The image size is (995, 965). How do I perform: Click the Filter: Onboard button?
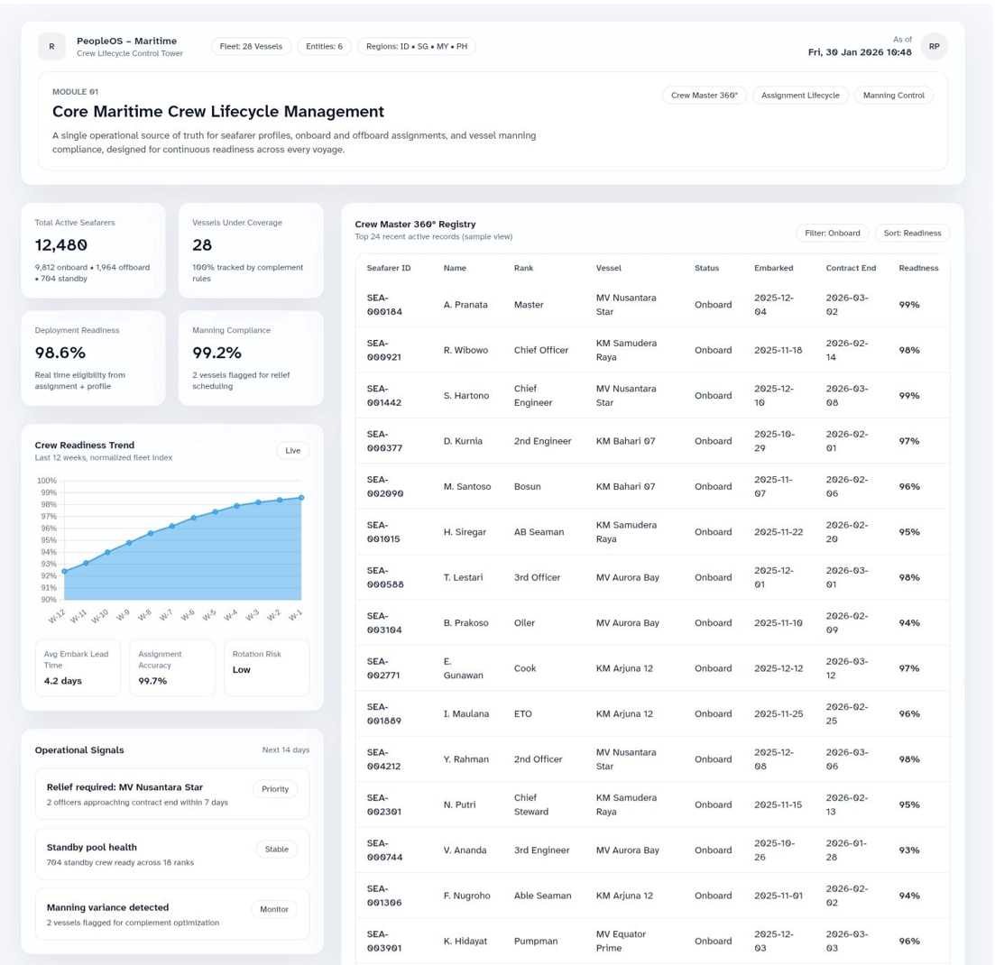click(832, 233)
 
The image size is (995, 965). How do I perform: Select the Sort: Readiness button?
click(912, 233)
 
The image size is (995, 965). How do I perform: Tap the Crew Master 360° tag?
click(704, 96)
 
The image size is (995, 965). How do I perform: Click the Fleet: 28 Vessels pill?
click(251, 47)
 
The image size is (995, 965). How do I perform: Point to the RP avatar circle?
click(934, 46)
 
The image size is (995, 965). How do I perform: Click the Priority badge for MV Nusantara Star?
click(275, 789)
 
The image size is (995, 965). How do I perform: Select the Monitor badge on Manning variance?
click(274, 909)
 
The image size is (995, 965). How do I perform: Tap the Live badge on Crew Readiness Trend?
click(292, 451)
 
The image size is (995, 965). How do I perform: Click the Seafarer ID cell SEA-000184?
click(384, 305)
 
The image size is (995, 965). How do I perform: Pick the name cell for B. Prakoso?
click(466, 623)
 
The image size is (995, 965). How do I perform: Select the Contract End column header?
click(851, 268)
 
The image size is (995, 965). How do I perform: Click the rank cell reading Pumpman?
click(535, 941)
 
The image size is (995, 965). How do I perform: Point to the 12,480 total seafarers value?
click(61, 245)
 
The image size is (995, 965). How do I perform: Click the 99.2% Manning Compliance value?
click(217, 353)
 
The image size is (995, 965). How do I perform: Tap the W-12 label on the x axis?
click(57, 616)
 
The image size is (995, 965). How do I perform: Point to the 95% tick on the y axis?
click(47, 540)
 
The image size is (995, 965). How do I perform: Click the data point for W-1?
click(301, 498)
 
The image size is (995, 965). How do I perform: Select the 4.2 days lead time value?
click(63, 681)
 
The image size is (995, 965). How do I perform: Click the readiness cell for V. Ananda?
click(908, 850)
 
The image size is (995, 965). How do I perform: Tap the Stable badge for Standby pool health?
click(276, 849)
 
